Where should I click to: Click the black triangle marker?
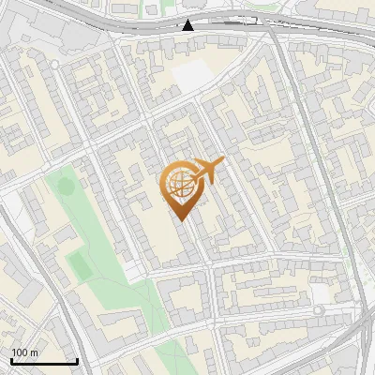pos(188,24)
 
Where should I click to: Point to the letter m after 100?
pos(34,352)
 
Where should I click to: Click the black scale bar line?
pos(44,361)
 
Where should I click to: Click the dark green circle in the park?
pos(66,186)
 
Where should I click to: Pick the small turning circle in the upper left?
pos(54,63)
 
